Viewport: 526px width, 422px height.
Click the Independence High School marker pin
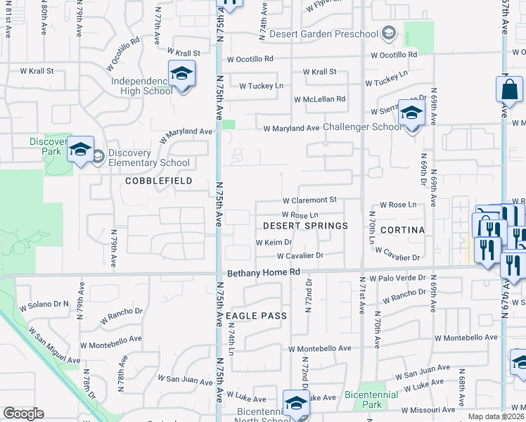click(181, 75)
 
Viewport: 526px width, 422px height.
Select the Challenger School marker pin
click(411, 113)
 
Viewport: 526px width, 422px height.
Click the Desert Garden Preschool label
click(338, 34)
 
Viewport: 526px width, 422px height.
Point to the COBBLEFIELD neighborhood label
click(158, 181)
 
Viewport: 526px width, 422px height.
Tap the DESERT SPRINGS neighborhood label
click(306, 226)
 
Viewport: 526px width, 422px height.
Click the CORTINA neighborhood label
click(402, 230)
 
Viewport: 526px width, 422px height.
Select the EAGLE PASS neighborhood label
click(257, 316)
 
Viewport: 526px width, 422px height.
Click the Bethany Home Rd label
click(264, 271)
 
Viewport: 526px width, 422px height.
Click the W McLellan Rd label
click(320, 99)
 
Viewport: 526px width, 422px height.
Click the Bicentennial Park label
click(372, 399)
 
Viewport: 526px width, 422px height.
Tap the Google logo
click(23, 414)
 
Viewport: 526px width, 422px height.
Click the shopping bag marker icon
click(509, 90)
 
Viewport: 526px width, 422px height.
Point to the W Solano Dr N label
click(44, 305)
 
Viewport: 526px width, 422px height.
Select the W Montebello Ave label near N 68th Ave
click(461, 338)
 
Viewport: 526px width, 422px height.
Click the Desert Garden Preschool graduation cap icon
click(388, 34)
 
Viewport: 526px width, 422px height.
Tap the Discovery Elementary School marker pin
click(81, 149)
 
